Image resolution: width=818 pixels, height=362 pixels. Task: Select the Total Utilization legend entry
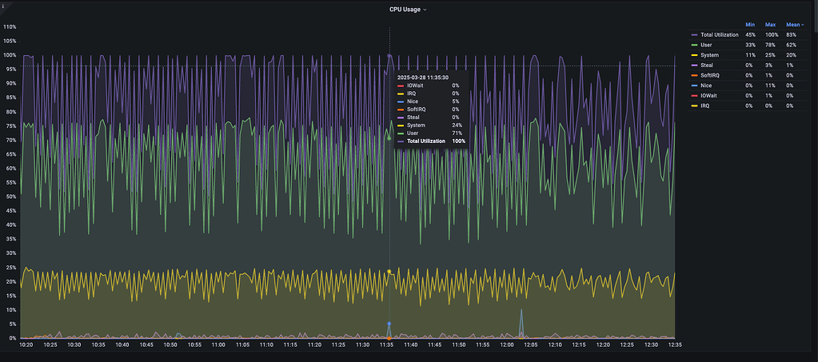click(719, 35)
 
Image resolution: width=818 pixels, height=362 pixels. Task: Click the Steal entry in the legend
click(706, 65)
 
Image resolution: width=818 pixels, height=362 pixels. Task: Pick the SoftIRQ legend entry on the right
click(710, 75)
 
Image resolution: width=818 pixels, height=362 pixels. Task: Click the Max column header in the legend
click(771, 25)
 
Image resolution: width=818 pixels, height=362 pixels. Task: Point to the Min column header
click(750, 25)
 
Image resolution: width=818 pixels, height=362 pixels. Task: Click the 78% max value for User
click(771, 45)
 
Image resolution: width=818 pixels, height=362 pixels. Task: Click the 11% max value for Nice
click(771, 85)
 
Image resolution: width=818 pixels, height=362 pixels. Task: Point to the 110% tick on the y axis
click(10, 27)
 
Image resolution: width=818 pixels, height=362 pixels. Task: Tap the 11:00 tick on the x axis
click(218, 345)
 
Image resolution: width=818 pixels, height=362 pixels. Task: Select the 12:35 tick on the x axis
click(673, 345)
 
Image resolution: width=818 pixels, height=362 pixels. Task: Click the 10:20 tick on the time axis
click(26, 345)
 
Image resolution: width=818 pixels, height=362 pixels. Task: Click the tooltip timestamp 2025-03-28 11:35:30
click(427, 77)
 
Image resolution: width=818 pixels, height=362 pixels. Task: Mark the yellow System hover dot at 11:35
click(389, 272)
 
